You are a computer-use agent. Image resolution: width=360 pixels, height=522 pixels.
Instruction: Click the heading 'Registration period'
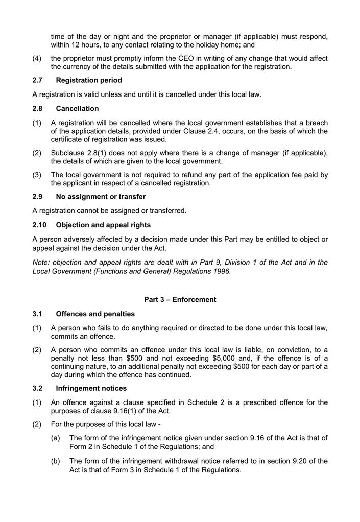89,80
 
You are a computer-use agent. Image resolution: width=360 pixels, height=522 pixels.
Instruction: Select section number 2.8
38,109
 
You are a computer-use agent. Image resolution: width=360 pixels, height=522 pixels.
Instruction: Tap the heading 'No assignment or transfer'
101,197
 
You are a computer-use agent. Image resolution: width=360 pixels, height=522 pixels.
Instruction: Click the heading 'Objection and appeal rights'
103,225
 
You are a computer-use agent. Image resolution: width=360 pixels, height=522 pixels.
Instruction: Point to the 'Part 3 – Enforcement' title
180,300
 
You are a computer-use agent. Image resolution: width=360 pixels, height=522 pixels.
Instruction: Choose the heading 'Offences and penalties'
95,314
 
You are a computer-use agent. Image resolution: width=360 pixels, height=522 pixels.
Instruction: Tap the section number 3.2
38,388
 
